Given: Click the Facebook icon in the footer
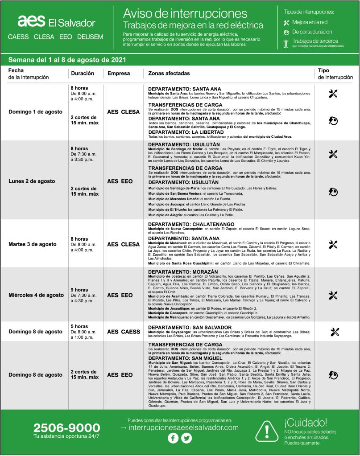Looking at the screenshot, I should coord(173,438).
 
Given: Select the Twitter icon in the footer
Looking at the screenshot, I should coord(186,438).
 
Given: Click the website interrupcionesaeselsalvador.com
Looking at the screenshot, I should coord(179,427).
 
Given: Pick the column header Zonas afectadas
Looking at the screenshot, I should coord(169,74).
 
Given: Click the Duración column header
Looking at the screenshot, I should coord(82,74).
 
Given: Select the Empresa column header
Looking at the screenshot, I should coord(119,74).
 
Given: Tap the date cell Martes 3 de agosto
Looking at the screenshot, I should coord(33,244).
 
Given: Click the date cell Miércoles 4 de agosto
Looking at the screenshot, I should coord(36,295).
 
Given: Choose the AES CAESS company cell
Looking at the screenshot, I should coord(124,332).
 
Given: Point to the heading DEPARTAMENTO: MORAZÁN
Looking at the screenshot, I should coord(183,271).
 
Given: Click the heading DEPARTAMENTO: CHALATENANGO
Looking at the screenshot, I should coord(191,224).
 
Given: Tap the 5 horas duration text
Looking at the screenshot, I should coord(79,326).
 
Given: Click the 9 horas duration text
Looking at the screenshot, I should coord(79,290).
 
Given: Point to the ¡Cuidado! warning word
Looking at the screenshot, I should coord(306,422).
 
